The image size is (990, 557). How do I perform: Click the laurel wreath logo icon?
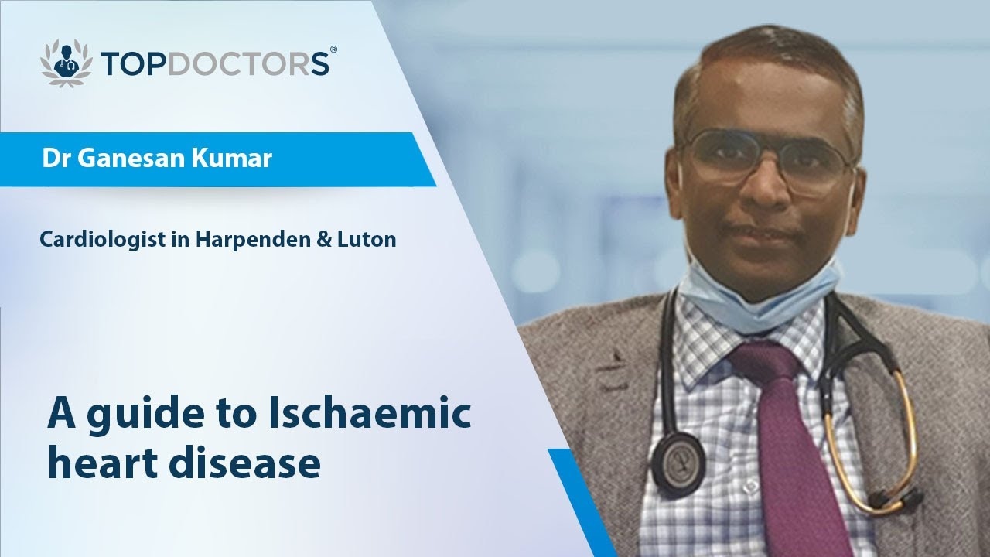(x=66, y=63)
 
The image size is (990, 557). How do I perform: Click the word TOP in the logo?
(x=135, y=63)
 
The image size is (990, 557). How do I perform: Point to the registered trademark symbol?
(x=333, y=50)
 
